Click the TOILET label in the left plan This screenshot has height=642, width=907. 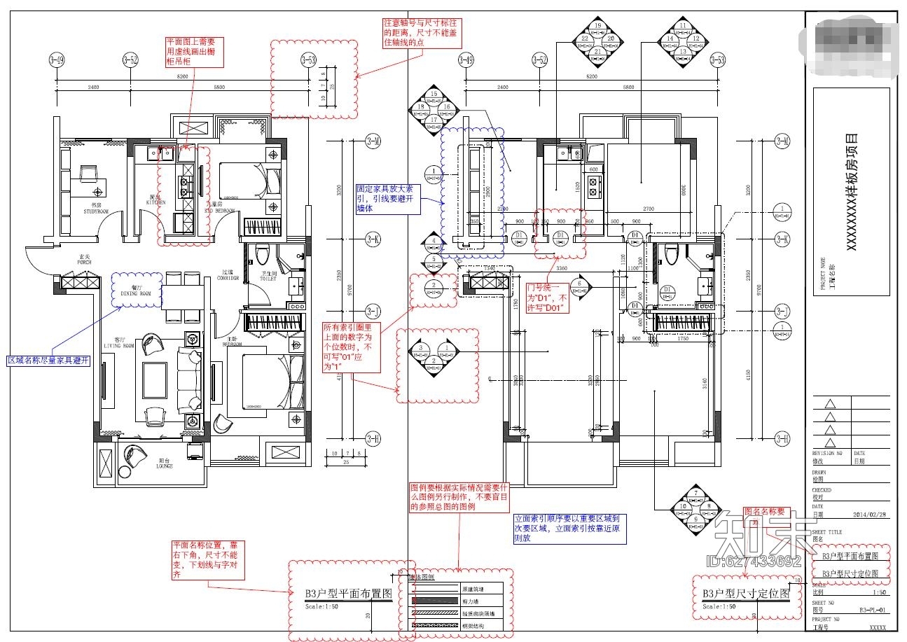point(268,277)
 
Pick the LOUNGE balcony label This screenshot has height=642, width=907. point(165,465)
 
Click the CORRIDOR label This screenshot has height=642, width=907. point(228,277)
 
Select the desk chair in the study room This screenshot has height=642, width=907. point(89,174)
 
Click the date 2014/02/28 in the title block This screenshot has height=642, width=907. point(870,515)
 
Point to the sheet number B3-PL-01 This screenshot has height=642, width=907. point(872,610)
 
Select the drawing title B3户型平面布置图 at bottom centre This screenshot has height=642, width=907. point(347,593)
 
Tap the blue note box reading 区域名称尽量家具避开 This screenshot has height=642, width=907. point(49,361)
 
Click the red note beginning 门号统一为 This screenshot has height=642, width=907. point(551,298)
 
